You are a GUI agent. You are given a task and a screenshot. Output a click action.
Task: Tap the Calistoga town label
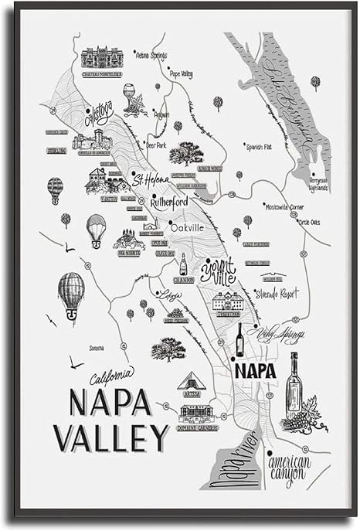(98, 114)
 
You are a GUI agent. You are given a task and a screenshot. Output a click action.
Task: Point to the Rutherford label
(168, 203)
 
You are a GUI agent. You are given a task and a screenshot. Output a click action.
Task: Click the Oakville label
(186, 228)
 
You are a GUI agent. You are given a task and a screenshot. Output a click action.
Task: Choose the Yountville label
(218, 271)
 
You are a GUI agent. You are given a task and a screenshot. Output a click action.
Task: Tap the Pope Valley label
(181, 74)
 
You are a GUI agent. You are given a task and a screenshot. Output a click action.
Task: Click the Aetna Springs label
(152, 56)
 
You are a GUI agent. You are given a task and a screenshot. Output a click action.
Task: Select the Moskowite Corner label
(285, 208)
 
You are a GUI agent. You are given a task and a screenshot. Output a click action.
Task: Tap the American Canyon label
(289, 471)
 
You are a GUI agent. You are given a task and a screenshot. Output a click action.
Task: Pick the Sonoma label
(96, 349)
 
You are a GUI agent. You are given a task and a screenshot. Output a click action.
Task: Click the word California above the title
(112, 376)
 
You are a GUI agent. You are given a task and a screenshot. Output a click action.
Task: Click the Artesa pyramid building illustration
(191, 381)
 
